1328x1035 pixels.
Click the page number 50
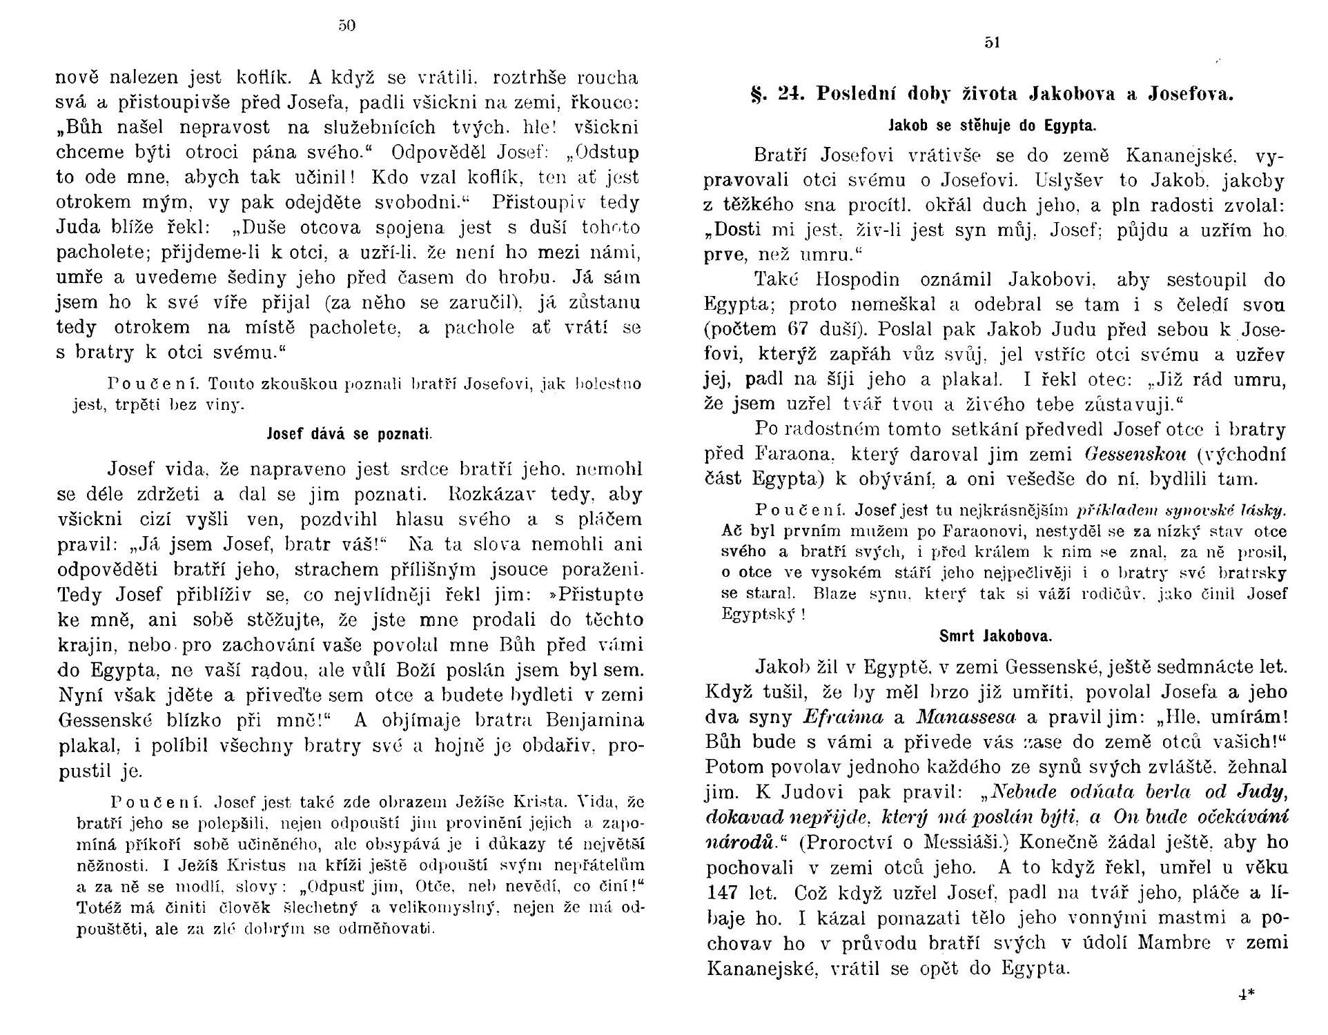[346, 26]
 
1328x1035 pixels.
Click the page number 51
[993, 43]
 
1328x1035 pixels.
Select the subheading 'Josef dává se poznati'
[349, 435]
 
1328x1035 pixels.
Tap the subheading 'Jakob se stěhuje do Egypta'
[992, 126]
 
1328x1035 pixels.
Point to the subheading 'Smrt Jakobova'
[995, 635]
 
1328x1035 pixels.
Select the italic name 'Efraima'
[843, 717]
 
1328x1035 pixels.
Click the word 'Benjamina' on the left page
[594, 721]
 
